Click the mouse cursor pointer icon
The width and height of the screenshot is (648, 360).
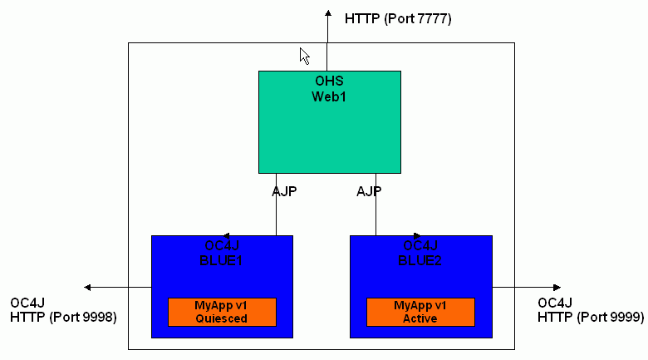[x=305, y=56]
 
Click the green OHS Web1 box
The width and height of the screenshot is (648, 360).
[x=329, y=122]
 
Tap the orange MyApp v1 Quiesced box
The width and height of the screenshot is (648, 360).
[x=222, y=312]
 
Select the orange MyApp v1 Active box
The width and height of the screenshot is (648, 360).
[x=420, y=312]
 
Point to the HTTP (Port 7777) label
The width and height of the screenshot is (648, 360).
[x=398, y=18]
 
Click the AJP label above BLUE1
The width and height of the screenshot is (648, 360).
[x=284, y=191]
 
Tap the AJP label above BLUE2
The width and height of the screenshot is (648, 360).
[x=369, y=191]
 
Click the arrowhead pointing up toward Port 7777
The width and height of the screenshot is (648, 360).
[x=328, y=13]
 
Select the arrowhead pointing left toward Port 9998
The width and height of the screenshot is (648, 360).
[x=87, y=287]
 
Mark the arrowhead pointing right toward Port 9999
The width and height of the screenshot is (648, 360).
[x=557, y=287]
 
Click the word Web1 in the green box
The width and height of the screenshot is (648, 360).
[x=329, y=96]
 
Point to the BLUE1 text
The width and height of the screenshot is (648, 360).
[x=221, y=261]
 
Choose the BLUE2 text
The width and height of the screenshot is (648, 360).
[x=420, y=261]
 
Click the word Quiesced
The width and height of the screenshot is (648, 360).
[x=222, y=318]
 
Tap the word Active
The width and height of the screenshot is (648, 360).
[x=420, y=318]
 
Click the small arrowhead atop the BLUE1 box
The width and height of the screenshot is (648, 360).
[x=227, y=236]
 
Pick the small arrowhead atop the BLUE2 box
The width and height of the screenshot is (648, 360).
[x=417, y=236]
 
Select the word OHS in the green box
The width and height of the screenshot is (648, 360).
[x=329, y=81]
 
